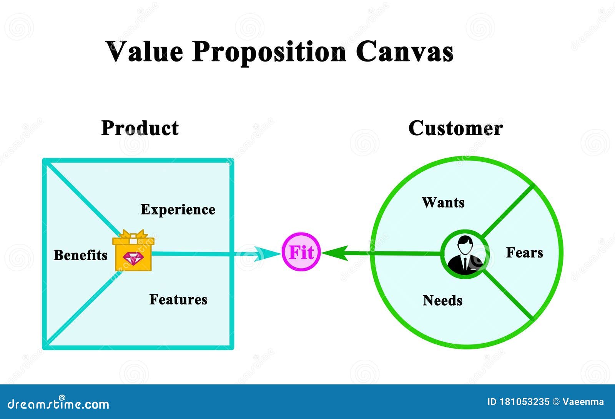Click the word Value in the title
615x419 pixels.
tap(144, 51)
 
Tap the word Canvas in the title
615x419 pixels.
tap(404, 51)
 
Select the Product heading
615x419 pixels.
tap(140, 128)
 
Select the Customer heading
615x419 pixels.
tap(455, 128)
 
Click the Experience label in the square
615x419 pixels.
tap(178, 209)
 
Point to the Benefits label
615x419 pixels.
tap(80, 255)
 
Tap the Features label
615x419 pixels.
tap(178, 299)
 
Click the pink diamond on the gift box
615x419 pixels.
tap(133, 259)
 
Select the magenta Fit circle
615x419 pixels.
tap(301, 252)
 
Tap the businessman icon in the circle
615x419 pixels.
tap(465, 254)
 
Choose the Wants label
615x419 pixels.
tap(443, 202)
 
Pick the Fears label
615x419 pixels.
tap(524, 253)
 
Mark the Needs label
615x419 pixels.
tap(442, 300)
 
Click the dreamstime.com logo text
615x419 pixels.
tap(58, 404)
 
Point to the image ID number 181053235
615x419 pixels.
tap(524, 402)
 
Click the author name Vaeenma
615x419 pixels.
tap(583, 402)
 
